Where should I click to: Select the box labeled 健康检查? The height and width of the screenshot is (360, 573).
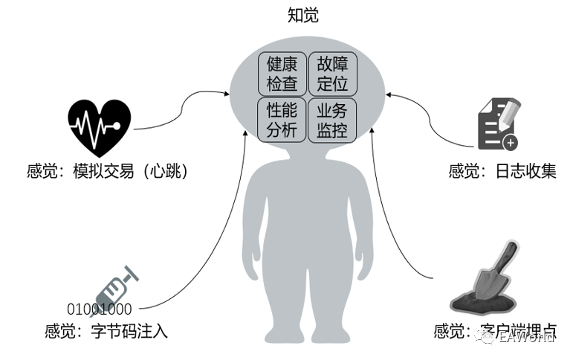(x=282, y=73)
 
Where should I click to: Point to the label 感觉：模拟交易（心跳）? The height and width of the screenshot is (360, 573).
(x=106, y=172)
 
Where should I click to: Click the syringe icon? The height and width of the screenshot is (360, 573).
(x=114, y=284)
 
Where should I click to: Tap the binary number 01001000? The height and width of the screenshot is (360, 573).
(x=100, y=309)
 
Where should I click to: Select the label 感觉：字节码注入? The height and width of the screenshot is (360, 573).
(x=106, y=332)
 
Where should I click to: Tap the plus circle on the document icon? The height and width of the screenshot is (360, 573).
(x=510, y=142)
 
